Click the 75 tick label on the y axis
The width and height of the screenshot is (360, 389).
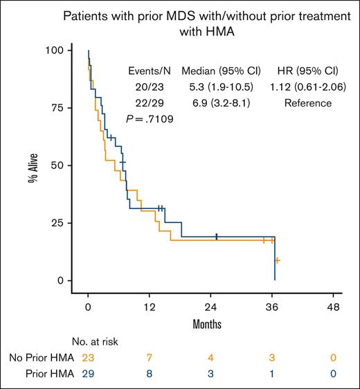pos(62,108)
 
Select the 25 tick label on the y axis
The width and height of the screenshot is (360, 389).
pos(62,223)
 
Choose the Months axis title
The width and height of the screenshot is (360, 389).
pos(210,323)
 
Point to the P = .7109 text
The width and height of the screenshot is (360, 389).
pos(150,119)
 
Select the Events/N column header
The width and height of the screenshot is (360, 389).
pos(150,71)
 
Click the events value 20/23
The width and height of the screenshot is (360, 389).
pos(150,87)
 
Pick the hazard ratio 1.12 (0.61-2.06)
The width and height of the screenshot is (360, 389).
pos(303,87)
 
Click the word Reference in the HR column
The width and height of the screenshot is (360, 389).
pos(303,103)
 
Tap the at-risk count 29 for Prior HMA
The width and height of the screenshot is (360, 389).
pos(88,374)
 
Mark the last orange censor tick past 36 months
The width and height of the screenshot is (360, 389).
pos(277,261)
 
